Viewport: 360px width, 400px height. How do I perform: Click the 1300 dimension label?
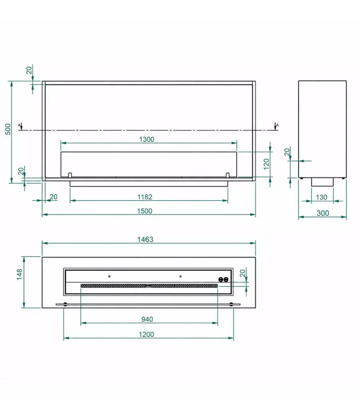pos(147,139)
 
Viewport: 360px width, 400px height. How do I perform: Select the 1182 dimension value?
pos(145,197)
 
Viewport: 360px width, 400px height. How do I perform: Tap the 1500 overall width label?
pos(145,211)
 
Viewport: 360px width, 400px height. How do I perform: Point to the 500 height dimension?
pos(8,129)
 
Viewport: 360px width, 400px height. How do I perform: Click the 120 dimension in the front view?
pos(266,164)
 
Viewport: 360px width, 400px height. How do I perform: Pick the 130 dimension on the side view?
pos(322,197)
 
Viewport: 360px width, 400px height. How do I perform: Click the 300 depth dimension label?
pos(323,213)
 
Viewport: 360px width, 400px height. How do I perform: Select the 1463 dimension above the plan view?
pos(145,239)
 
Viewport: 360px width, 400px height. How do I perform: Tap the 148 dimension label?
pos(19,274)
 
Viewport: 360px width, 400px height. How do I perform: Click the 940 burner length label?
pos(147,319)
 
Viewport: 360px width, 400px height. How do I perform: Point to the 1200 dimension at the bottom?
pos(146,334)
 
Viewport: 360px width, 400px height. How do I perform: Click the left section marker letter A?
pos(19,125)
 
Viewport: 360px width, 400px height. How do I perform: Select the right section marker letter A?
pos(278,125)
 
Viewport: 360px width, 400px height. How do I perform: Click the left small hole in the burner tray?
pos(109,276)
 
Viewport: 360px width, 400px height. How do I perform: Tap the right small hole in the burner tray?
pos(180,276)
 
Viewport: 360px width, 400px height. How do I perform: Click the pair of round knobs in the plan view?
pos(223,280)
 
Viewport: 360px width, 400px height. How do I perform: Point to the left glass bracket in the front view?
pos(70,175)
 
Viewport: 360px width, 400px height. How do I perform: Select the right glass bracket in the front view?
pos(228,175)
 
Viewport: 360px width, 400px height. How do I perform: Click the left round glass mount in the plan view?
pos(65,304)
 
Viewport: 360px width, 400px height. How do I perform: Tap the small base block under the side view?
pos(322,182)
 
